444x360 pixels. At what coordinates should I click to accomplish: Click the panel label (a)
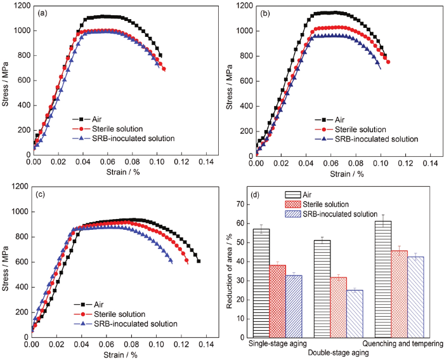pyautogui.click(x=46, y=13)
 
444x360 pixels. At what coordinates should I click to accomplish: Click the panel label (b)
pyautogui.click(x=267, y=13)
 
